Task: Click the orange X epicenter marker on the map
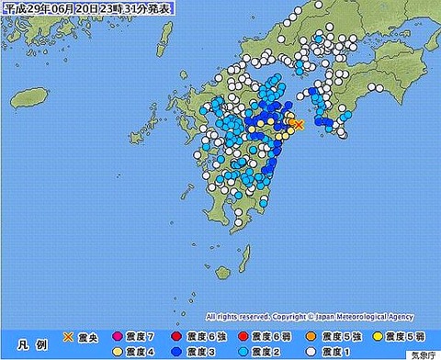(297, 124)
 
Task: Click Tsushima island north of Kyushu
(165, 36)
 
